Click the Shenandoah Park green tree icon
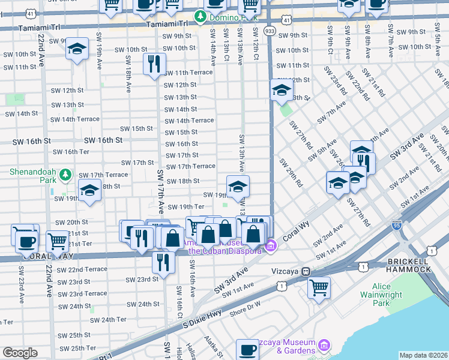click(x=65, y=175)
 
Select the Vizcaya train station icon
click(x=306, y=271)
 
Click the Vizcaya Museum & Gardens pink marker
click(x=324, y=345)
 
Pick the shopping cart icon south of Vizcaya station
click(x=319, y=287)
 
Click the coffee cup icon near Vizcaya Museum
click(x=246, y=349)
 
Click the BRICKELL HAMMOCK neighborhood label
click(x=409, y=265)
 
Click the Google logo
click(x=20, y=353)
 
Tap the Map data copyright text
click(x=424, y=355)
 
